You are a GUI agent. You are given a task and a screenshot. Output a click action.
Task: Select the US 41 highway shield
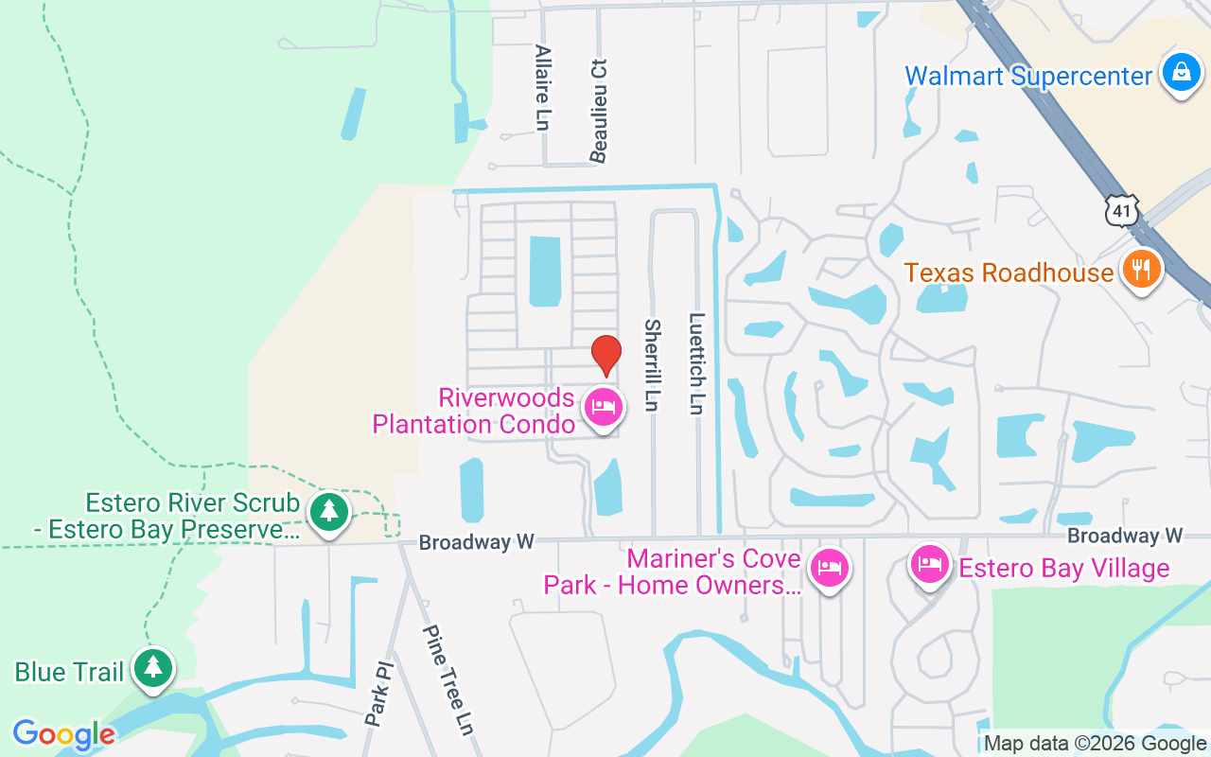click(1122, 210)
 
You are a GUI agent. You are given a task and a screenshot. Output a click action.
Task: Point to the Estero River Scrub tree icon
click(328, 512)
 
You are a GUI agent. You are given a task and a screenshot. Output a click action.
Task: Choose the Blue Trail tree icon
click(152, 667)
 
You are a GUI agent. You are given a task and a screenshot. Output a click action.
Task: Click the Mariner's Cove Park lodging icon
click(830, 568)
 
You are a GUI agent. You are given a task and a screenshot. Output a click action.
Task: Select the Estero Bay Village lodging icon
click(930, 566)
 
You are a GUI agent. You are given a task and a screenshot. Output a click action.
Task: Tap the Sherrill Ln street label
click(652, 364)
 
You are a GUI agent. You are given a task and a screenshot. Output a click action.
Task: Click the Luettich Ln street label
click(696, 363)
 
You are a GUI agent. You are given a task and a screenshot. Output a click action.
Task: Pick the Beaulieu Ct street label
click(598, 110)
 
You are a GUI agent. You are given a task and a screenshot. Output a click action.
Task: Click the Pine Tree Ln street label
click(447, 678)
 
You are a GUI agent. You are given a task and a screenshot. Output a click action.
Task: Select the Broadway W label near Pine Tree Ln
click(476, 542)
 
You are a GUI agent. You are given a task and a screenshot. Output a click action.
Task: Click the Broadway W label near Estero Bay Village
click(1125, 536)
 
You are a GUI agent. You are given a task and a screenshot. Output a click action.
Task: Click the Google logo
click(63, 734)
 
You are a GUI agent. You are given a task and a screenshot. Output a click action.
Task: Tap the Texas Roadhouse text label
click(1009, 273)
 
